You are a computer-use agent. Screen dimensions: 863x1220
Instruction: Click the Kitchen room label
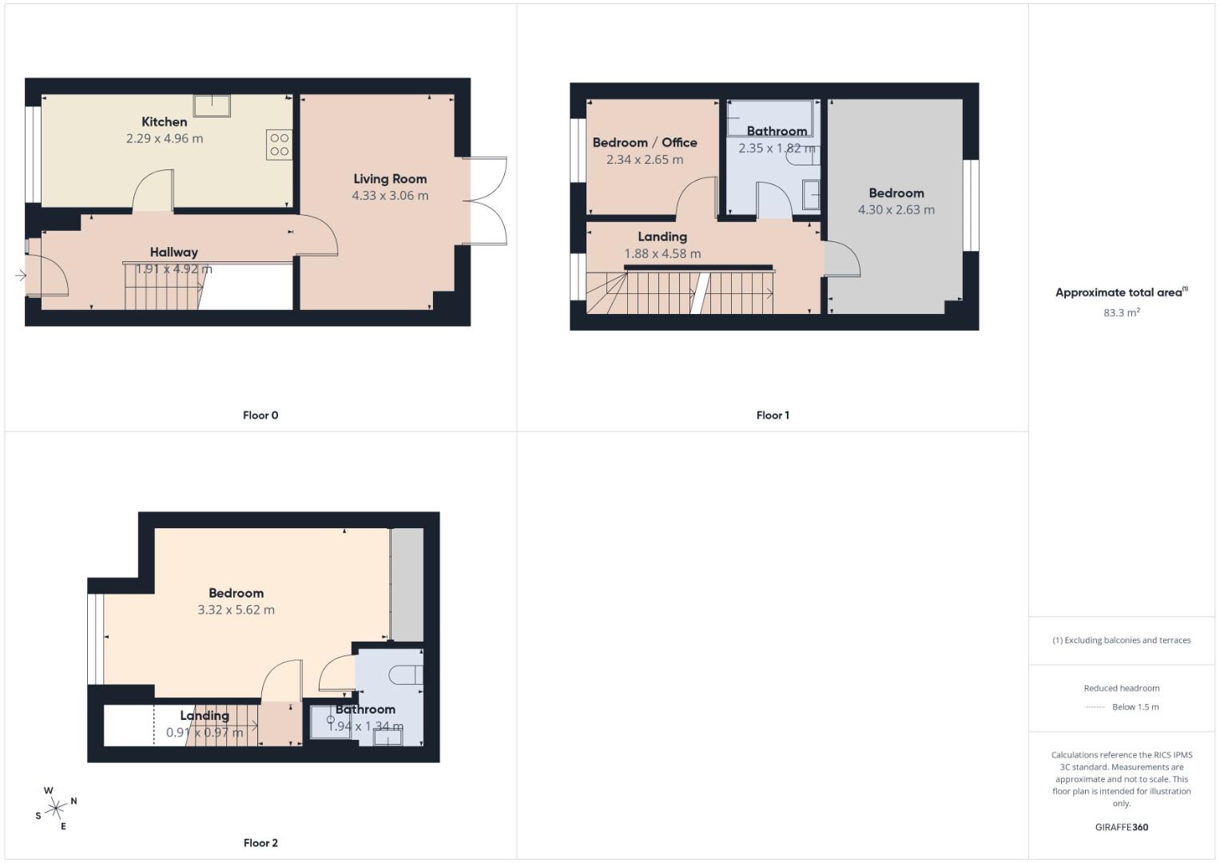pyautogui.click(x=164, y=121)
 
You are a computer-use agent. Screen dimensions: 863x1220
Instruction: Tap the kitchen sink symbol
pyautogui.click(x=212, y=105)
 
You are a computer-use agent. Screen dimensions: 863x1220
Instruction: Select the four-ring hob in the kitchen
pyautogui.click(x=279, y=145)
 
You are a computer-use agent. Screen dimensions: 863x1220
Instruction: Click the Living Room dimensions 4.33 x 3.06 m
pyautogui.click(x=390, y=196)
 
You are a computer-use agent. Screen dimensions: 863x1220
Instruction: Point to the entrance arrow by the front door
pyautogui.click(x=20, y=276)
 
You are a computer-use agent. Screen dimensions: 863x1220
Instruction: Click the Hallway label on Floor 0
pyautogui.click(x=173, y=253)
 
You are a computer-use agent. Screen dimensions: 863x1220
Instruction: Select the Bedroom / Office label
pyautogui.click(x=644, y=142)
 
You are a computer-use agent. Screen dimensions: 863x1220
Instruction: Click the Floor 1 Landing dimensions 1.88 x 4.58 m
pyautogui.click(x=662, y=254)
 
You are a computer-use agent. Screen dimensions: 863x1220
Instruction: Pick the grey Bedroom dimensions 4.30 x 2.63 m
pyautogui.click(x=896, y=210)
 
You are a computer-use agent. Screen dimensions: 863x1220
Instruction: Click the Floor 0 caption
pyautogui.click(x=260, y=416)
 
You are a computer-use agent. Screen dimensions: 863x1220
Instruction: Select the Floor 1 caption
pyautogui.click(x=773, y=416)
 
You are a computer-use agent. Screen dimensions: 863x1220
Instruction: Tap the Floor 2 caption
pyautogui.click(x=260, y=843)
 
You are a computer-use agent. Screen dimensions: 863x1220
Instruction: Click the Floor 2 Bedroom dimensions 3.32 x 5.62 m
pyautogui.click(x=236, y=610)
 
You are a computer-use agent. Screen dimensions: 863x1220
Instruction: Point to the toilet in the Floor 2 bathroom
pyautogui.click(x=406, y=675)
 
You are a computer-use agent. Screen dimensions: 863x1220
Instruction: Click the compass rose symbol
pyautogui.click(x=56, y=809)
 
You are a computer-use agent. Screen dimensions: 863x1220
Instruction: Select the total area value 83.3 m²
pyautogui.click(x=1121, y=312)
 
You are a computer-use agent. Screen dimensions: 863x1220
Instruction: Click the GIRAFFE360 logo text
pyautogui.click(x=1121, y=827)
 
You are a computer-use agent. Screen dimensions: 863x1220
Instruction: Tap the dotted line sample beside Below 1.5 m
pyautogui.click(x=1095, y=707)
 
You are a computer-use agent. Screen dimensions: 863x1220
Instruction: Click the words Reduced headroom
pyautogui.click(x=1121, y=688)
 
